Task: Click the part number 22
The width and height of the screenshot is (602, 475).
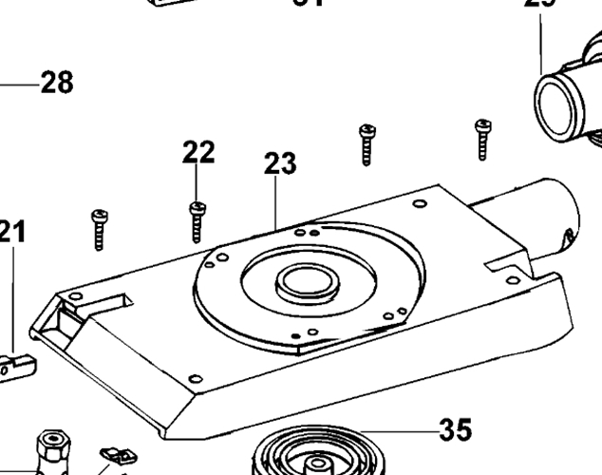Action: [x=198, y=151]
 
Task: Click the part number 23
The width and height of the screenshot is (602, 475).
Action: [x=280, y=163]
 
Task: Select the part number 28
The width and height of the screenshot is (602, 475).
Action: [x=56, y=83]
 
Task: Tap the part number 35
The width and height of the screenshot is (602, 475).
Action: [x=456, y=430]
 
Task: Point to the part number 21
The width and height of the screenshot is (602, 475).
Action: [x=12, y=231]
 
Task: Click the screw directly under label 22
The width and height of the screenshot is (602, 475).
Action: [x=198, y=221]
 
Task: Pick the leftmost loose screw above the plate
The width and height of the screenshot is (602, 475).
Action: [x=99, y=229]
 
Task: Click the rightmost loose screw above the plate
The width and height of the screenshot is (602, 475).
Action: [x=481, y=138]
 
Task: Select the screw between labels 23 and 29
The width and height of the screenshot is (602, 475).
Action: [x=366, y=143]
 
